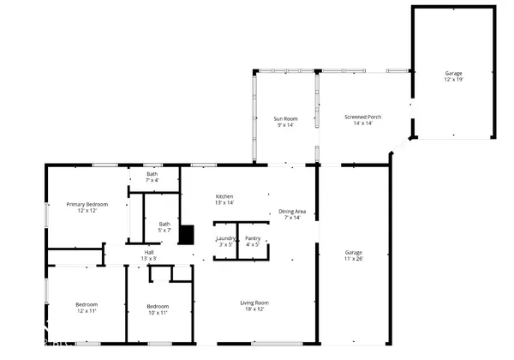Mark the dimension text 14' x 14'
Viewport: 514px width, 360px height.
(363, 123)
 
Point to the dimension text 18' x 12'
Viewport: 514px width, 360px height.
(254, 309)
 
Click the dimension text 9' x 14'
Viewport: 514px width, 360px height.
(285, 124)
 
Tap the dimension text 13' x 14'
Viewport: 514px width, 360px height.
(224, 203)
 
